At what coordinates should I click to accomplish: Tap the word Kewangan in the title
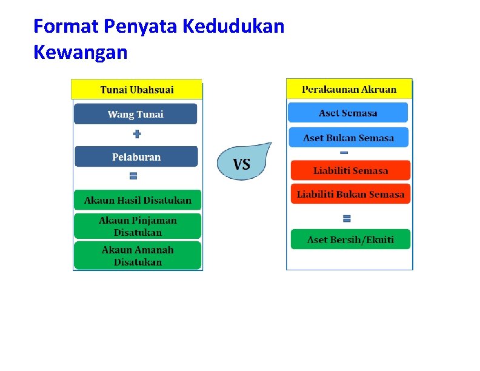pos(81,53)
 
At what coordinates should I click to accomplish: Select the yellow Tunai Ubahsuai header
pos(137,90)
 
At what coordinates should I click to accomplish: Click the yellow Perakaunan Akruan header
pos(349,89)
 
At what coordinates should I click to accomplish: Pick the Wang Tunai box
pos(136,114)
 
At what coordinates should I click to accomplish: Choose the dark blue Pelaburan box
pos(136,157)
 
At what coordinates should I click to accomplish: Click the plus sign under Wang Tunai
pos(136,134)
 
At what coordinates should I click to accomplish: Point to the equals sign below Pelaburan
pos(133,176)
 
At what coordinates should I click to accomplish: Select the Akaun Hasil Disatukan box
pos(138,200)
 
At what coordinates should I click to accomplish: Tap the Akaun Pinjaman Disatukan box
pos(138,226)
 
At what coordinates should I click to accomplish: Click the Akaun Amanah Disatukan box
pos(138,255)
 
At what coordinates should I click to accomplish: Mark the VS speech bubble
pos(242,162)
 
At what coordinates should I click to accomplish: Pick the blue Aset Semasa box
pos(348,113)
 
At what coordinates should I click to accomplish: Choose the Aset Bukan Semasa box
pos(348,138)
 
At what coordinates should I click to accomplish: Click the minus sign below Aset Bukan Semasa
pos(344,152)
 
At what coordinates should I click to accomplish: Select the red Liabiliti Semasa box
pos(350,170)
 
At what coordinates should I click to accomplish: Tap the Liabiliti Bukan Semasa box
pos(350,195)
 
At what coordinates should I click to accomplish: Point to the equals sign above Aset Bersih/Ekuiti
pos(347,218)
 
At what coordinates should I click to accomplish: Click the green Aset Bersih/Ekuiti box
pos(350,239)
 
